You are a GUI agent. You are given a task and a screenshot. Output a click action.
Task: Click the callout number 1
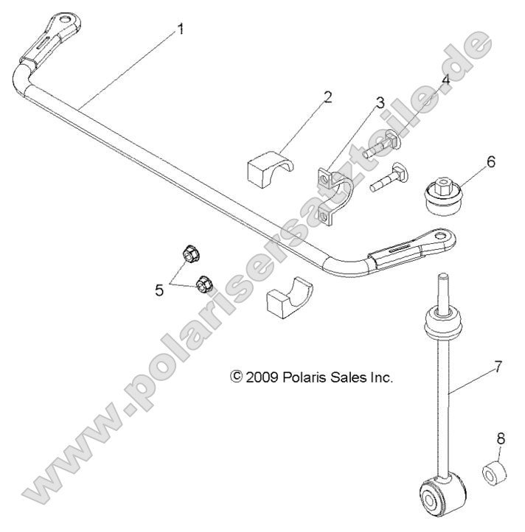[181, 30]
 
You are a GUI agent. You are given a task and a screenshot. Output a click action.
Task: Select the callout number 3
[380, 102]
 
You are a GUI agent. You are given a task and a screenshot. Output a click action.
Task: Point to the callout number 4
[445, 80]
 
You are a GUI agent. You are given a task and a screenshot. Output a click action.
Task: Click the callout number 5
[159, 290]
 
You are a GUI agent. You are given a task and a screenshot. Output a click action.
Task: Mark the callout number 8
[501, 438]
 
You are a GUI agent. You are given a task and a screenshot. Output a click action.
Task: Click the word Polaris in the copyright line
[305, 377]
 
